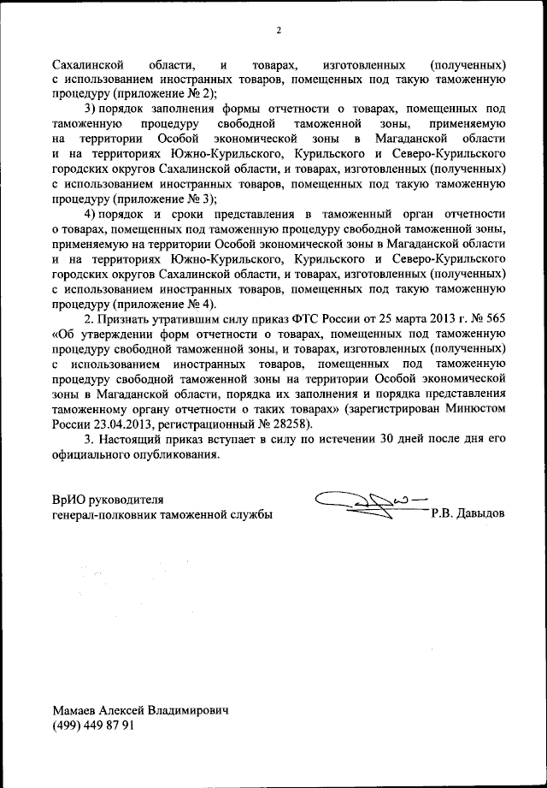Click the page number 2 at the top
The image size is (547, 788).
(279, 32)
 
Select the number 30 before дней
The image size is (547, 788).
(391, 439)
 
